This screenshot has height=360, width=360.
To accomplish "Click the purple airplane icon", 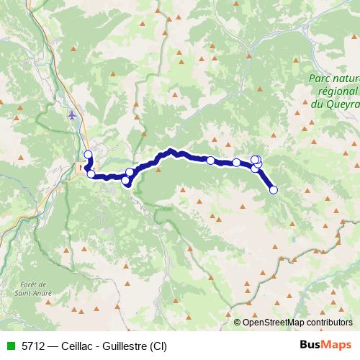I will (71, 114).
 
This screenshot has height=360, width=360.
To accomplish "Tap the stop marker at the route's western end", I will (88, 154).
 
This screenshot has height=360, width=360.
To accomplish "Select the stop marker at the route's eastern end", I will (273, 189).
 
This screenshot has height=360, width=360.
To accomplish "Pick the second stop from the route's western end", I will (91, 174).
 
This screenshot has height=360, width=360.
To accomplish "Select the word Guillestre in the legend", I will (127, 346).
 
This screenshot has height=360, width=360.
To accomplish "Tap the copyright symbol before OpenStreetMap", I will (237, 322).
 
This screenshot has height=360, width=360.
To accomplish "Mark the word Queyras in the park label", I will (342, 103).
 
